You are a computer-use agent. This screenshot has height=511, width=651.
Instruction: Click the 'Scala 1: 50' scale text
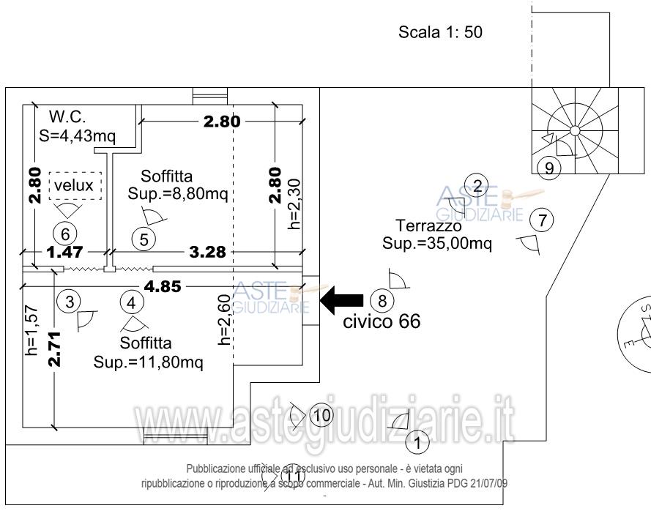(440, 32)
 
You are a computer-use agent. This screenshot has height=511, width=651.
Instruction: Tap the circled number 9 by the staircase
(549, 168)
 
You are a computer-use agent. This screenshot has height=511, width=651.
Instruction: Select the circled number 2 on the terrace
(477, 185)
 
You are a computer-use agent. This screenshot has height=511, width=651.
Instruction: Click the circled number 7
(542, 220)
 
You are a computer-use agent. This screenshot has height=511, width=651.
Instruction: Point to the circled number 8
(382, 300)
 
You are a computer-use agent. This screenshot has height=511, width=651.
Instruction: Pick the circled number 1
(417, 443)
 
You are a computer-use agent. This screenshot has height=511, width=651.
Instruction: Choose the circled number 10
(321, 415)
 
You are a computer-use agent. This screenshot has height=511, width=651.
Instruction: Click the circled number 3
(70, 302)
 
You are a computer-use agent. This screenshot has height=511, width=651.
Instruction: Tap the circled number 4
(132, 302)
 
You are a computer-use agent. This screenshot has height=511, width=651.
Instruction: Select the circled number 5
(144, 239)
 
